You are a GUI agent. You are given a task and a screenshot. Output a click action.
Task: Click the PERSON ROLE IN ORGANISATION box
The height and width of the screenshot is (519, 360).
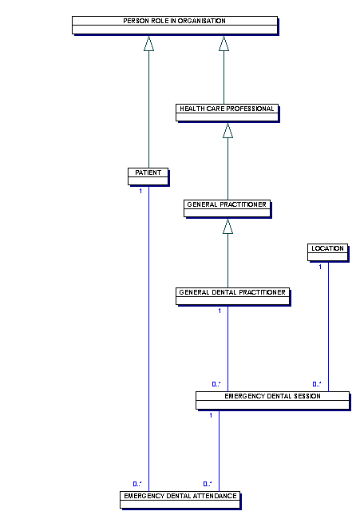175,26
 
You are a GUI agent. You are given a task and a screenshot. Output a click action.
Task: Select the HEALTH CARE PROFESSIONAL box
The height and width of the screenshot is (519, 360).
227,113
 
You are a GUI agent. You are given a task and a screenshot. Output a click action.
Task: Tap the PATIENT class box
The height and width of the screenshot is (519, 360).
148,176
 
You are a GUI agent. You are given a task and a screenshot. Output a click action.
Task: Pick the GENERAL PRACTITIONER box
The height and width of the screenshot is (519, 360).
227,208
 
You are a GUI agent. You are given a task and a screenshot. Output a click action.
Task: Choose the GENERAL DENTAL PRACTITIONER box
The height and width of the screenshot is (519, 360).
233,296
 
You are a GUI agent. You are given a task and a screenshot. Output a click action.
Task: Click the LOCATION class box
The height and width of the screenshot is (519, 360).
328,253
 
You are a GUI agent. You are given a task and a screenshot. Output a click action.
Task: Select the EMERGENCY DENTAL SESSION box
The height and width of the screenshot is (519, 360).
273,401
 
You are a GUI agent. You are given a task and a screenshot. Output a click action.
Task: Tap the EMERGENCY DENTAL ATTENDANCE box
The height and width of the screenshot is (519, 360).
180,500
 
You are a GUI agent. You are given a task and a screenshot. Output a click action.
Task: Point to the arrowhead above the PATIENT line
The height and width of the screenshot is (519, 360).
149,43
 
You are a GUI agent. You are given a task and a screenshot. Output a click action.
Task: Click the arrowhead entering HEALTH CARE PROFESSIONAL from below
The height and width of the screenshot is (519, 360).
227,130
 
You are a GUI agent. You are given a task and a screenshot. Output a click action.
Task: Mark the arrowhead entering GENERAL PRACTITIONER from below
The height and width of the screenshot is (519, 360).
227,226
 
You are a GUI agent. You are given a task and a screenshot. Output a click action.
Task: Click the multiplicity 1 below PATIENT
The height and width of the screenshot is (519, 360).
140,191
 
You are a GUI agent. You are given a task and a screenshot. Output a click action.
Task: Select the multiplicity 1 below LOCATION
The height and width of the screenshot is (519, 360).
320,267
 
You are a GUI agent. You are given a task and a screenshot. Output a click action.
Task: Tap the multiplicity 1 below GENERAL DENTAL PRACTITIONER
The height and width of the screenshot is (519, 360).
220,311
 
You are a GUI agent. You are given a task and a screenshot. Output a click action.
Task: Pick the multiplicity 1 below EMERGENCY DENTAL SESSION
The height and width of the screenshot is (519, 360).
211,415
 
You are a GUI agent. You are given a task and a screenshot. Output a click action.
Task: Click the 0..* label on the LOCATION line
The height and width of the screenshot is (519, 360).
317,384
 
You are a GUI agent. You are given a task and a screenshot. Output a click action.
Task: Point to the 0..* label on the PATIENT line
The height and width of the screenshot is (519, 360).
137,484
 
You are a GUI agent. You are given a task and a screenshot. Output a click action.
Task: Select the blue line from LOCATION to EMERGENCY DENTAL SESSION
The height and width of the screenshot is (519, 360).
329,327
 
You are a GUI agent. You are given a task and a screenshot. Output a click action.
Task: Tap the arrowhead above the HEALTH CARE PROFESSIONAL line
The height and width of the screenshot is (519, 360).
224,43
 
